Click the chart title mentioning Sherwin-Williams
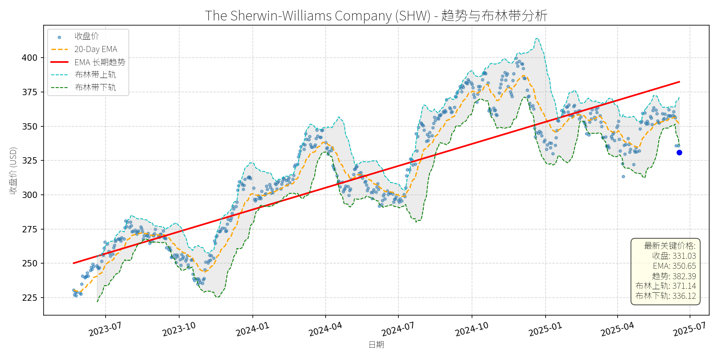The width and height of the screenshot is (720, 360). [x=376, y=16]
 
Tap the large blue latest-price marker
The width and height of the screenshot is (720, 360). [x=679, y=152]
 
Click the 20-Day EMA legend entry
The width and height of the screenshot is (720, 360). [x=96, y=49]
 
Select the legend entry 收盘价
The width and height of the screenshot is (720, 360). [x=86, y=36]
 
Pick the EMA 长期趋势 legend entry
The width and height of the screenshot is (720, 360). [x=100, y=62]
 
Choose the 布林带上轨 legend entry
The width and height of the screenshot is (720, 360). [x=95, y=75]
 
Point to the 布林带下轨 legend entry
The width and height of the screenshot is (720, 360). [x=95, y=87]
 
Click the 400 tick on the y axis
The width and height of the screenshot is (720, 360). [x=29, y=58]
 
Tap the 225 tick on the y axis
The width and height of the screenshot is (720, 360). [x=29, y=298]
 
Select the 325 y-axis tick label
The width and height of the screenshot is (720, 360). [x=29, y=160]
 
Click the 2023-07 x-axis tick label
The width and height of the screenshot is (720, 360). [x=105, y=330]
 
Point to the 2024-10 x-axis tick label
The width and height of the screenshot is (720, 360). [x=472, y=330]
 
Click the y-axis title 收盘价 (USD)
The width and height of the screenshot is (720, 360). [x=13, y=170]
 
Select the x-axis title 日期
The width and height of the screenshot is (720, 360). [x=376, y=345]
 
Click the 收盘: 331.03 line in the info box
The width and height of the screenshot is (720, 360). [x=674, y=256]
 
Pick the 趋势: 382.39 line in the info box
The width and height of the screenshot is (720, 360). [x=674, y=276]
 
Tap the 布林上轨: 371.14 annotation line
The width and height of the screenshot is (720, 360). [x=666, y=286]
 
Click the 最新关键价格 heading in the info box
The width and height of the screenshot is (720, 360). [x=670, y=246]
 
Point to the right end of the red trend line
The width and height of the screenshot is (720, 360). [x=679, y=82]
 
